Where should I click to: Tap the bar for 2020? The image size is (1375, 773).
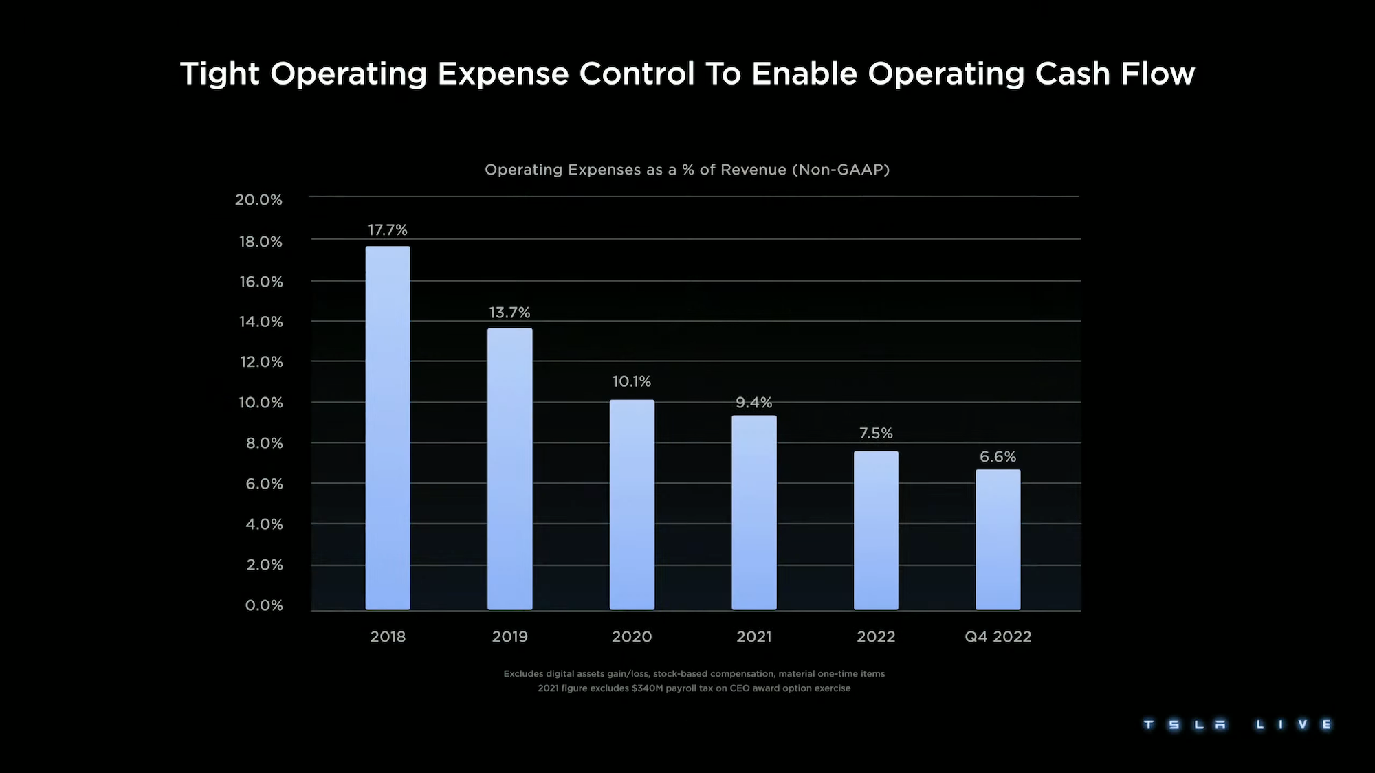coord(632,504)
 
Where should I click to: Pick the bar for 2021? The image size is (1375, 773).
coord(754,512)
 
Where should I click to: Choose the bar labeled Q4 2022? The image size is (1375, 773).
coord(998,539)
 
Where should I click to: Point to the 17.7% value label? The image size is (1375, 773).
coord(388,230)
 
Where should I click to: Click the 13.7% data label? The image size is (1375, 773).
coord(509,313)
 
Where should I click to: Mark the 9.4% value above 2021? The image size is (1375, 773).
coord(754,403)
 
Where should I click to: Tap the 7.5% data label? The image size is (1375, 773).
coord(876,434)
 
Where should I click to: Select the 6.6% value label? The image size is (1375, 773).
coord(998,457)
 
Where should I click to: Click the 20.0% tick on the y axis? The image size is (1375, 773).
coord(258,200)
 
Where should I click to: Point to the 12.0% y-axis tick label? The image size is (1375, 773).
coord(261,362)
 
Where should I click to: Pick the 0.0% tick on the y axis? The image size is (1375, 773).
coord(264,605)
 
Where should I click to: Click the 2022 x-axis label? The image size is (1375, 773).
coord(876,637)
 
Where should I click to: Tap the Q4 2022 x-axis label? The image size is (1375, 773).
coord(998,637)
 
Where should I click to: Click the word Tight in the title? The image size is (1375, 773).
coord(219,74)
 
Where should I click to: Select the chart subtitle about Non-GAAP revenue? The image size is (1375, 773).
coord(687,170)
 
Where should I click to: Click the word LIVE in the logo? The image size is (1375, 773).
coord(1293,725)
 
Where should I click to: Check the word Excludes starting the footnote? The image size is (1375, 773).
coord(523,674)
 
